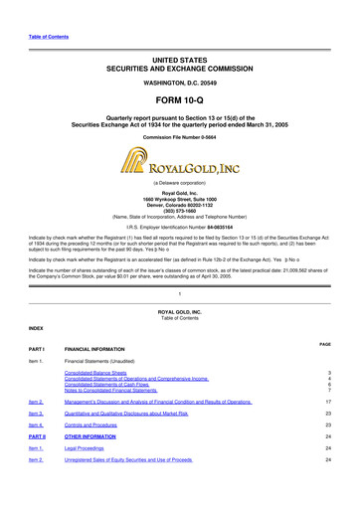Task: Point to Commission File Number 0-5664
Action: [180, 135]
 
